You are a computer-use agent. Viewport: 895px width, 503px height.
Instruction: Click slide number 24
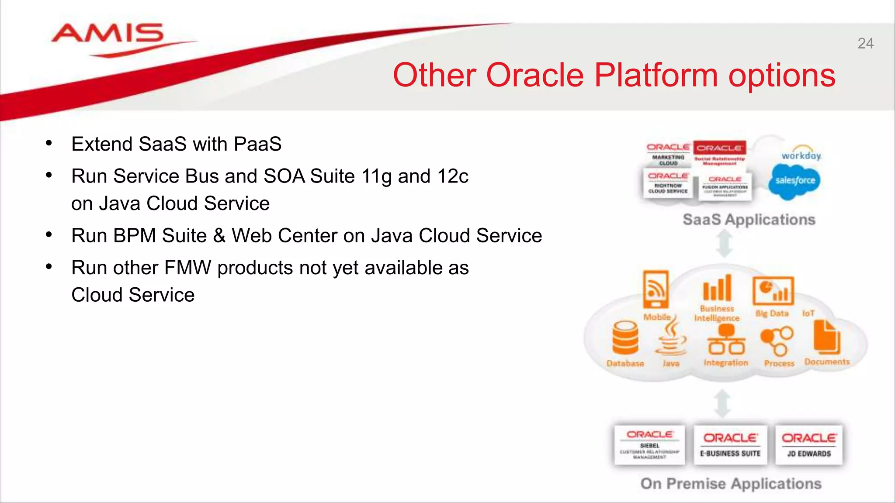click(865, 44)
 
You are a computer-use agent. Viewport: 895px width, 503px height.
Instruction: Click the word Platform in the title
click(656, 76)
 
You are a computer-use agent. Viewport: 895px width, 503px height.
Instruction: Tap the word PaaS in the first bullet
click(257, 144)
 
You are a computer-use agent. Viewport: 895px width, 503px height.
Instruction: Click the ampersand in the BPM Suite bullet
click(219, 236)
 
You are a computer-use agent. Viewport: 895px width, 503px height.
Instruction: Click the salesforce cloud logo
click(794, 181)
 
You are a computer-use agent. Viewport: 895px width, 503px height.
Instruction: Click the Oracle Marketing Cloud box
click(668, 154)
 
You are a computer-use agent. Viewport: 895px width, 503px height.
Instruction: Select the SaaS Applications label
click(749, 219)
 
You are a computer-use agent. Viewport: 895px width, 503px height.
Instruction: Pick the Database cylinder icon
click(625, 338)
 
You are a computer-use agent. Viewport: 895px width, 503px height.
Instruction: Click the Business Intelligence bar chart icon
click(717, 288)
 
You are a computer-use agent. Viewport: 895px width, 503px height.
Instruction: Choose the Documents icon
click(827, 337)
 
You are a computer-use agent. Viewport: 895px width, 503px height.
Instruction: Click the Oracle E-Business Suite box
click(730, 444)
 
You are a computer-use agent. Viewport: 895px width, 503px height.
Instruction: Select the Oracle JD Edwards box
click(809, 444)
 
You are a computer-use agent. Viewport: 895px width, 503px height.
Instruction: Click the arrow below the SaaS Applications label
click(725, 243)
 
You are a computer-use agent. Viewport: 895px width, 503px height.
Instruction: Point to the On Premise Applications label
click(731, 483)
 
